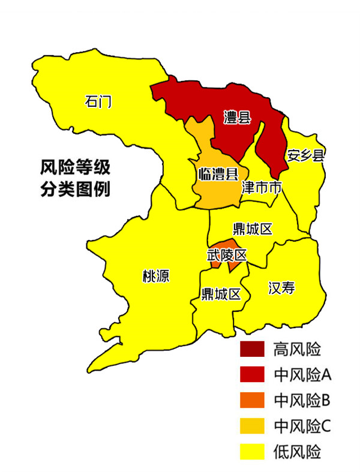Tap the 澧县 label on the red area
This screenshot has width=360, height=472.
point(237,116)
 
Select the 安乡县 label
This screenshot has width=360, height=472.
point(305,155)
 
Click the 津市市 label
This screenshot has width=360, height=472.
point(262,188)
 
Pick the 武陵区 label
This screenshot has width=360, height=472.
point(227,255)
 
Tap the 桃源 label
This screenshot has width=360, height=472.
point(155,276)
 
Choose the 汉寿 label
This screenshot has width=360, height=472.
point(281,288)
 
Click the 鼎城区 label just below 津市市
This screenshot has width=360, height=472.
point(253,229)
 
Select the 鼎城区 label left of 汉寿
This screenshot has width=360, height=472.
point(221,294)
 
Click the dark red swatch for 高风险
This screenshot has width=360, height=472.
point(253,348)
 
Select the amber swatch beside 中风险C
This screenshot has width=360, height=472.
point(253,426)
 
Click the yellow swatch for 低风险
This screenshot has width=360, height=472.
point(253,452)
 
